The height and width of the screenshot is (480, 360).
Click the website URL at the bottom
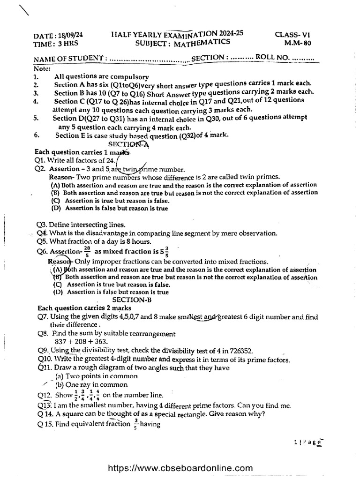click(180, 468)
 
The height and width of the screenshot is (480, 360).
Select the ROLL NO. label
click(272, 58)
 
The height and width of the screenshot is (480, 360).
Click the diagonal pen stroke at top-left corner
click(22, 9)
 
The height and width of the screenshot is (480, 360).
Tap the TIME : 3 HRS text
click(52, 43)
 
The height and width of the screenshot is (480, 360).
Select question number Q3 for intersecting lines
click(42, 225)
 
